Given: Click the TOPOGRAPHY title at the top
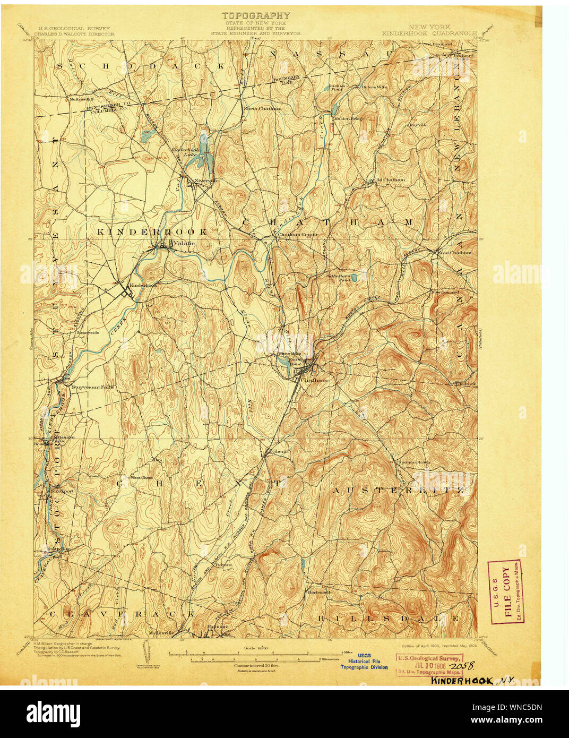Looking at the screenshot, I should click(256, 15).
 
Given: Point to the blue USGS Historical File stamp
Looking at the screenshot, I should click(364, 661).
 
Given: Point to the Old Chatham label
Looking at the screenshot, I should click(390, 180).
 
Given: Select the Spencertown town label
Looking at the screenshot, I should click(414, 462).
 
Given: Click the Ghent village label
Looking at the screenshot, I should click(279, 451).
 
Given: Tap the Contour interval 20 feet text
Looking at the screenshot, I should click(256, 665).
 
